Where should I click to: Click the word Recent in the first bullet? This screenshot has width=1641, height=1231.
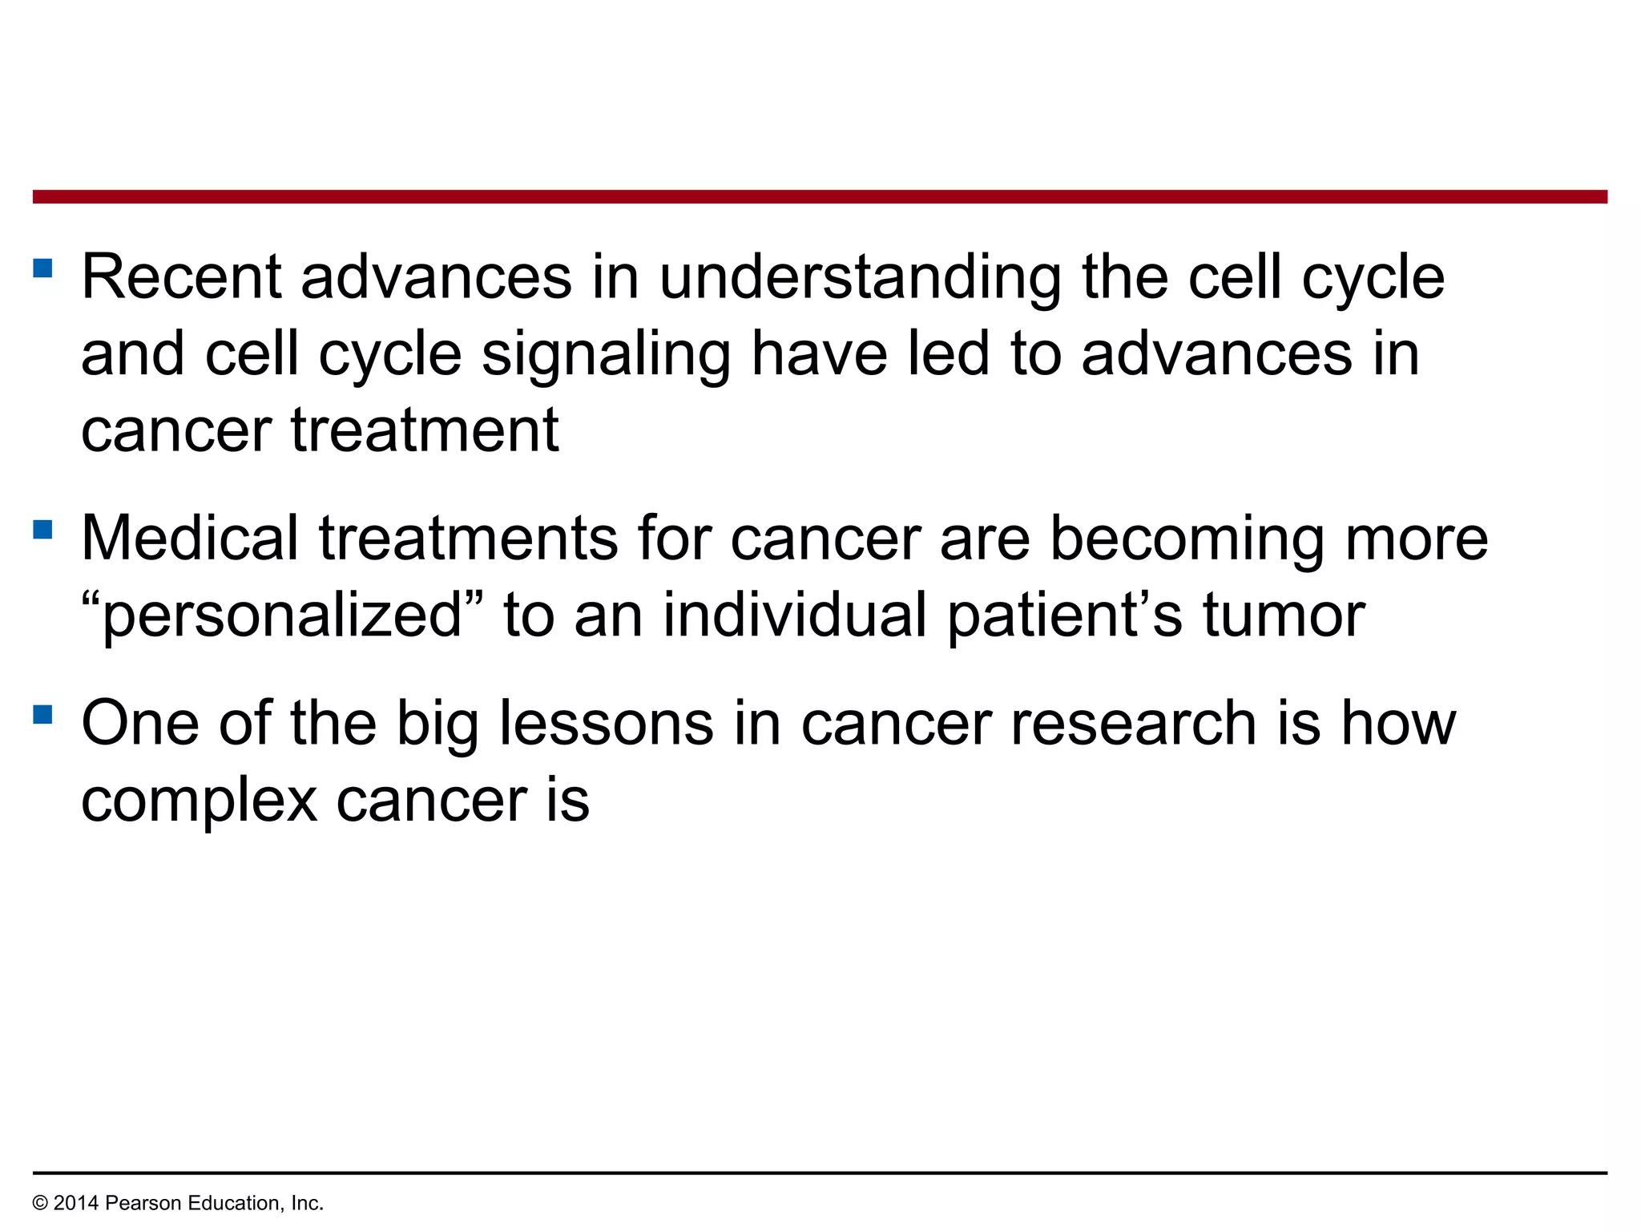coord(181,277)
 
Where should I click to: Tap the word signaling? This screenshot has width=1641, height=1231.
coord(606,356)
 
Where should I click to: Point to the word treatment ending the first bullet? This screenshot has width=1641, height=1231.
coord(424,431)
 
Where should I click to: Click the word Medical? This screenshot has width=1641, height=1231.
coord(190,538)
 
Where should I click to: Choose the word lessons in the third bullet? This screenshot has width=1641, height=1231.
coord(606,723)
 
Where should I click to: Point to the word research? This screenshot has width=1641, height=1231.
coord(1134,723)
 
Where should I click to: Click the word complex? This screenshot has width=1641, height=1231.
coord(200,801)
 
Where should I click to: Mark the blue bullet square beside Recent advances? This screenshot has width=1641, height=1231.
coord(43,268)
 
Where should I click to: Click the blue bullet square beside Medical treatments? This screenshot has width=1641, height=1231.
coord(43,529)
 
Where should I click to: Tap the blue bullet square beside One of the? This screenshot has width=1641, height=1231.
coord(43,713)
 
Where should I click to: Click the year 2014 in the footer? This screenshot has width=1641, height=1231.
coord(76,1203)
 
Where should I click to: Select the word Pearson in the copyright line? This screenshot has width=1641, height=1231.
coord(139,1203)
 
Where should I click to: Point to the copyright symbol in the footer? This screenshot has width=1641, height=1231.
coord(40,1203)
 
